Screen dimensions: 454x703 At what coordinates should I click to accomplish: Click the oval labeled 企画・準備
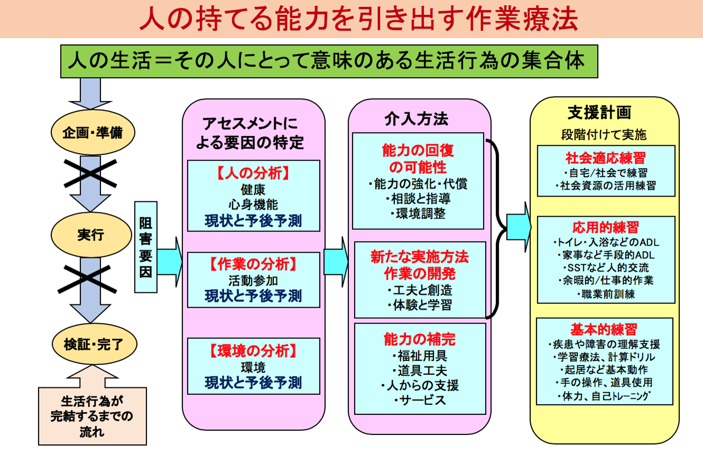click(92, 132)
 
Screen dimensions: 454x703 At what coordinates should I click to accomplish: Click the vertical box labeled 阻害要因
click(145, 247)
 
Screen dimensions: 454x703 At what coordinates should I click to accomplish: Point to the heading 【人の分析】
click(254, 173)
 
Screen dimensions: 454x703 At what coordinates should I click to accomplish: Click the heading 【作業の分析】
click(254, 264)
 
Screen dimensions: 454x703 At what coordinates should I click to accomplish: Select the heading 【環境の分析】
click(254, 350)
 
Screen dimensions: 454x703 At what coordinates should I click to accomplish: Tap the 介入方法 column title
click(416, 119)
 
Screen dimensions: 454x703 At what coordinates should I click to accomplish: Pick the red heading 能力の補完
click(419, 339)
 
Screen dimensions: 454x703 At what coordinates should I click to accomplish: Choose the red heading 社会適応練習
click(605, 158)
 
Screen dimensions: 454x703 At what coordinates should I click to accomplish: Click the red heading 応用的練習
click(605, 227)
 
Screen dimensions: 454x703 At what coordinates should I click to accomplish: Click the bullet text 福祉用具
click(419, 355)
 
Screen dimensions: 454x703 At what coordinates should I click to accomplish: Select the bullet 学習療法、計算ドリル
click(604, 357)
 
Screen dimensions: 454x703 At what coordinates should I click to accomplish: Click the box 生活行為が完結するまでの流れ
click(92, 415)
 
